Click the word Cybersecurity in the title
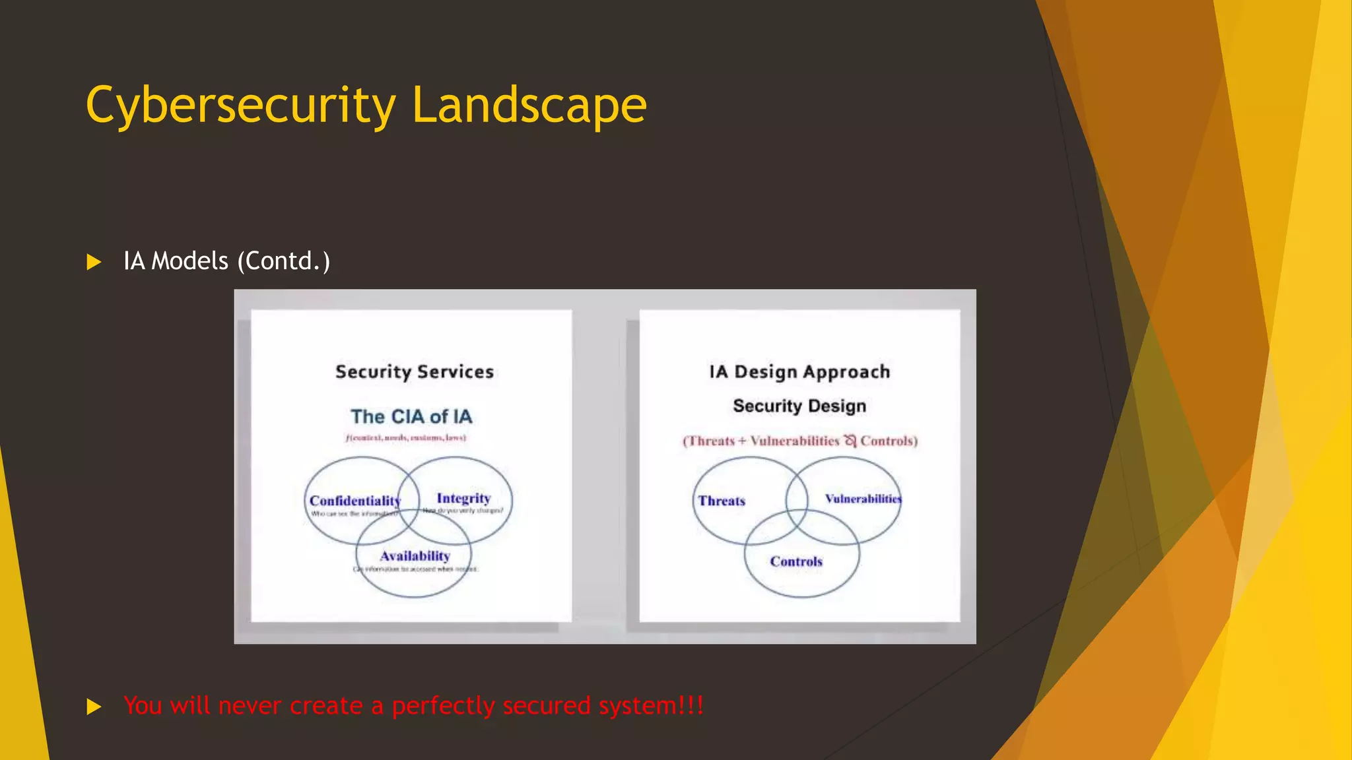click(241, 106)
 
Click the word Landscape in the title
click(529, 106)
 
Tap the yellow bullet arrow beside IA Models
click(94, 262)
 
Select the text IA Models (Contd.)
click(226, 261)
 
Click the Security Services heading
click(415, 372)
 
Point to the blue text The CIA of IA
click(411, 417)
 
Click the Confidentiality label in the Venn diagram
click(355, 501)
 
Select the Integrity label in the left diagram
click(463, 498)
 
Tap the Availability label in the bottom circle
click(415, 556)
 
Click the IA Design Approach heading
click(799, 372)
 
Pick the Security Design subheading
click(799, 406)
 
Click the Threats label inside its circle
click(722, 501)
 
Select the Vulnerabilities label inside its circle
click(863, 499)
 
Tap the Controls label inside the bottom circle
click(796, 561)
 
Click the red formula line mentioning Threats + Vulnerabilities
click(800, 441)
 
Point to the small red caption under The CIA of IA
click(406, 437)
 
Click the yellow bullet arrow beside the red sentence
click(94, 707)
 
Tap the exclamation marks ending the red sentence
click(691, 705)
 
